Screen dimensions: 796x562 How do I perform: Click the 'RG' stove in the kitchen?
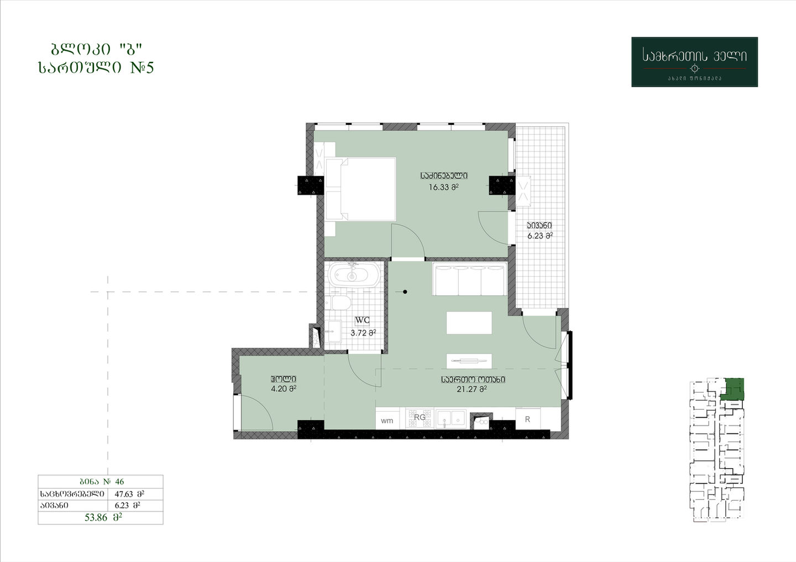click(420, 417)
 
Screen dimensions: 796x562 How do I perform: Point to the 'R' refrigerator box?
click(528, 419)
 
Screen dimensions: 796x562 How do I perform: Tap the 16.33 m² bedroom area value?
click(443, 187)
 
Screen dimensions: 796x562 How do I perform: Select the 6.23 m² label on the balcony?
click(540, 236)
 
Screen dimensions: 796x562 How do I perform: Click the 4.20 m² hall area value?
click(284, 389)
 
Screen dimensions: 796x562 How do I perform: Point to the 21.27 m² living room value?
click(472, 389)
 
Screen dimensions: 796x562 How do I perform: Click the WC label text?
click(363, 320)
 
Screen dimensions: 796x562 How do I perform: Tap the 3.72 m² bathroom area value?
click(363, 333)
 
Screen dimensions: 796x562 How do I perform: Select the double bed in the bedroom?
click(360, 189)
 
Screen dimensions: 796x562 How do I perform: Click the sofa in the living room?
click(469, 279)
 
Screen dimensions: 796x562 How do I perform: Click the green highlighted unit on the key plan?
click(733, 390)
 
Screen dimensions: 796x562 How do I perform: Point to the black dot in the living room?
click(405, 292)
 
